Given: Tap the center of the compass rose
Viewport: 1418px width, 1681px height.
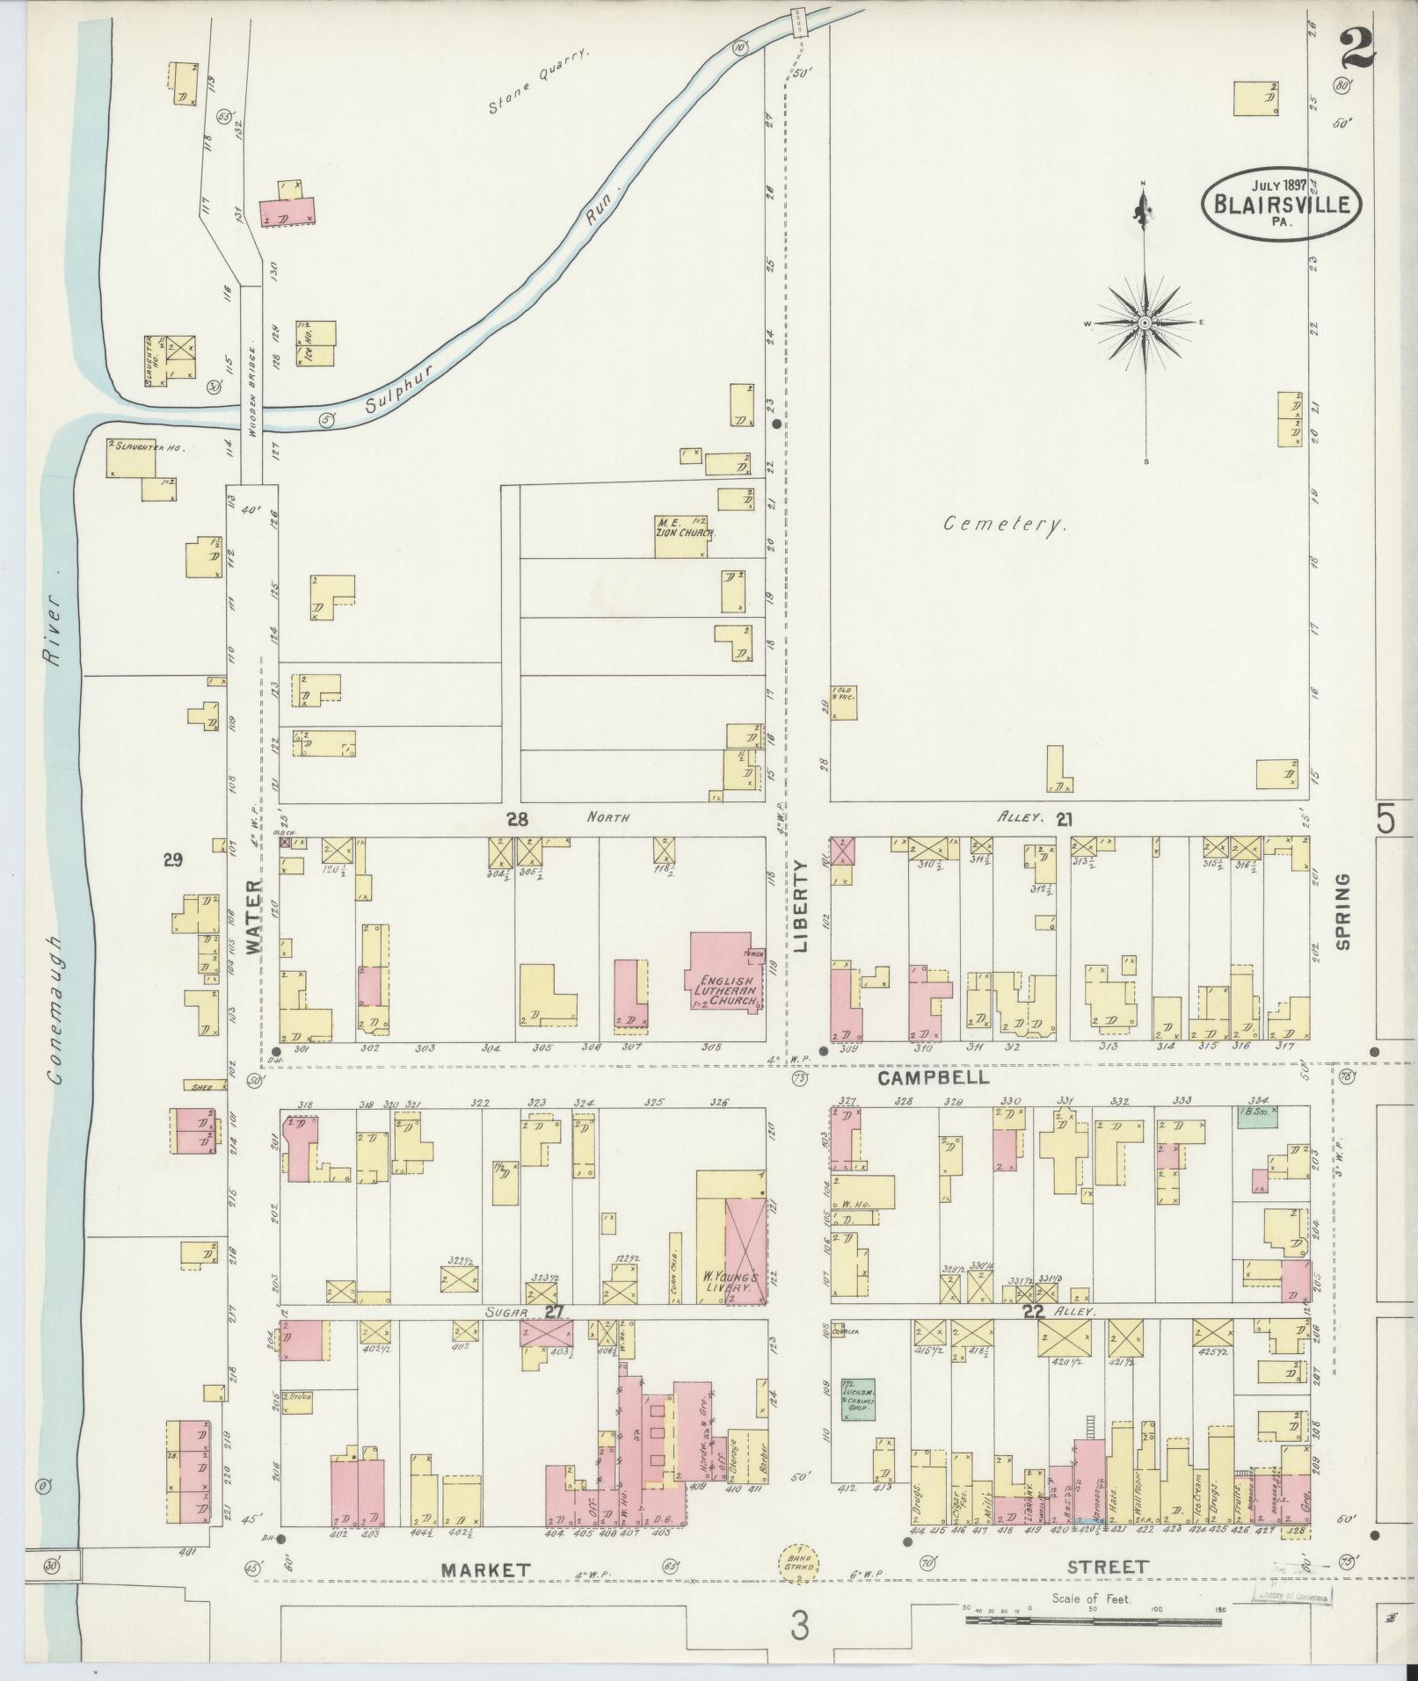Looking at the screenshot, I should click(x=1145, y=323).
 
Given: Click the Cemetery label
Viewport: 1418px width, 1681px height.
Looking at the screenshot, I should click(x=1005, y=525).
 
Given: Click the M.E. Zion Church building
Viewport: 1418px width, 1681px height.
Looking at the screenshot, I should click(x=682, y=536).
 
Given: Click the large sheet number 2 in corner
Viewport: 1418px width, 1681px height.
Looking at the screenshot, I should click(x=1357, y=50).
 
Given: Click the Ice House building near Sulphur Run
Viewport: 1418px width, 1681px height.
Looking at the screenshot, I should click(x=316, y=343).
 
